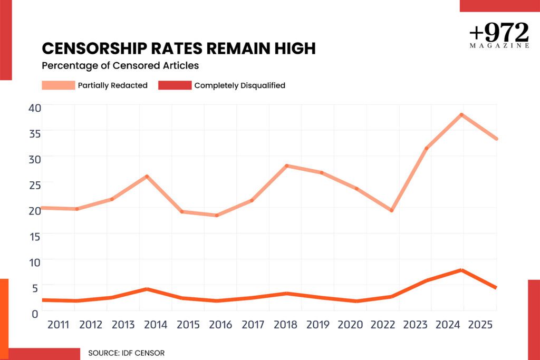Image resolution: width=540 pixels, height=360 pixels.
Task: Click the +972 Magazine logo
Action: point(499,35)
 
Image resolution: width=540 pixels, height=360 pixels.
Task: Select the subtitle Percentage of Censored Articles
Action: point(120,65)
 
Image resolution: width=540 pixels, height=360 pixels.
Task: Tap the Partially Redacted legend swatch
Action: point(58,85)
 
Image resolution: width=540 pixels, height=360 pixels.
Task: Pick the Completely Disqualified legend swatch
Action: point(175,85)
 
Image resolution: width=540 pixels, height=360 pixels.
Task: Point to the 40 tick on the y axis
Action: point(35,108)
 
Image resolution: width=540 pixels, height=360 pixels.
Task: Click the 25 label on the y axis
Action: point(35,185)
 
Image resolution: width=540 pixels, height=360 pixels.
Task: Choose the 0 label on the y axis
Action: point(35,314)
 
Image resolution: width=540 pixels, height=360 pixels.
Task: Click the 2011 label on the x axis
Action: point(58,325)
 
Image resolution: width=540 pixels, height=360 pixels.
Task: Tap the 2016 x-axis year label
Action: point(220,325)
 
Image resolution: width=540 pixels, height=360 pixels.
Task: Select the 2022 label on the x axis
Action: point(383,325)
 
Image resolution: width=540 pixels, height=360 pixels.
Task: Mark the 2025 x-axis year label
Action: point(480,325)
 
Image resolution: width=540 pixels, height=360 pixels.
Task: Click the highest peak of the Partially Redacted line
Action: point(461,114)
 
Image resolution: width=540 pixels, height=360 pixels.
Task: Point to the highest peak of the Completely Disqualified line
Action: point(461,270)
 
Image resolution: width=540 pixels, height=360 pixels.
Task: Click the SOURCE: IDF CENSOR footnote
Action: point(127,353)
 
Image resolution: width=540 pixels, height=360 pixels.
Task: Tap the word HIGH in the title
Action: point(295,48)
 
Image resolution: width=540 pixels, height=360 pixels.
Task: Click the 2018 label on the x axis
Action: point(285,325)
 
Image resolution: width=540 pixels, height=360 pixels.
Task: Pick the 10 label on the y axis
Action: point(35,262)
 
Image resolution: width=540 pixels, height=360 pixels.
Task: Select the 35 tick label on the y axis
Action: point(35,133)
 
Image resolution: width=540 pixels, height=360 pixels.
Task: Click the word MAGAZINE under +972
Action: point(499,46)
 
